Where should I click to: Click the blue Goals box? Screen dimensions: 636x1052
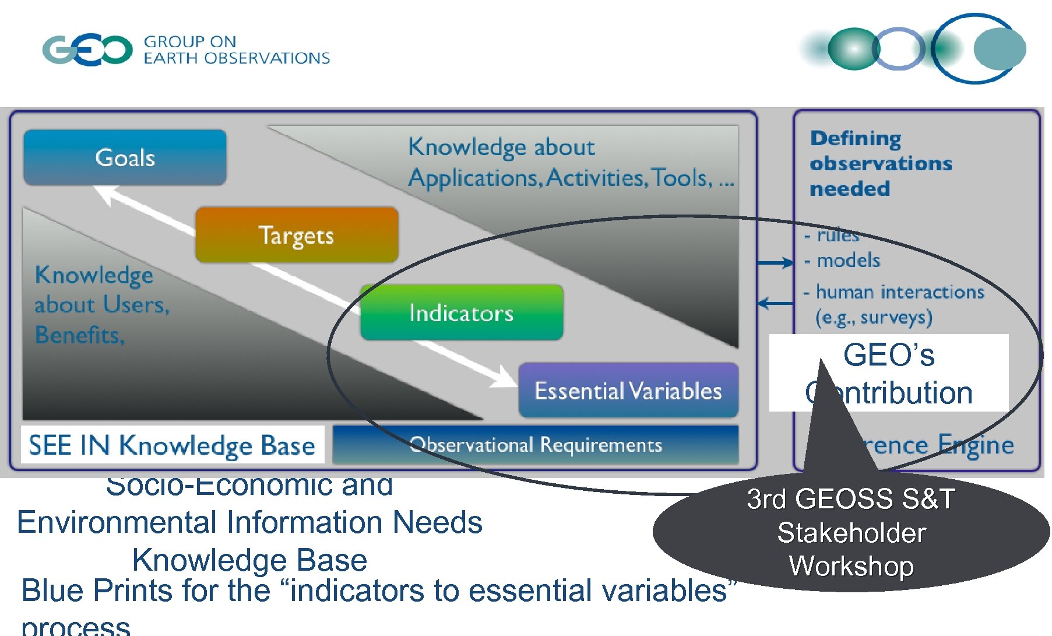[x=125, y=157]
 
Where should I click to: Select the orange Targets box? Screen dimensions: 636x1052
[x=297, y=235]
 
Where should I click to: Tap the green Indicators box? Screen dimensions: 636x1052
[x=462, y=313]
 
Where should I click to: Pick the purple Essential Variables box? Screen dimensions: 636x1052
[x=628, y=390]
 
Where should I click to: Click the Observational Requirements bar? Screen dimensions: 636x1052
[x=536, y=445]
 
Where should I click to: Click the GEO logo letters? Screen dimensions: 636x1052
[x=87, y=50]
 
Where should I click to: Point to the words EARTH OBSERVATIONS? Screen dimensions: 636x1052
[x=237, y=58]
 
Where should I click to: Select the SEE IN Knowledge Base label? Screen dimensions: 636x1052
[x=172, y=445]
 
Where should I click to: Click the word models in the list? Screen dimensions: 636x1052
[x=848, y=260]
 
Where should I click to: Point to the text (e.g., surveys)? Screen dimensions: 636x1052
[x=874, y=317]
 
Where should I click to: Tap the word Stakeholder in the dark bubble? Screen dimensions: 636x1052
[x=851, y=533]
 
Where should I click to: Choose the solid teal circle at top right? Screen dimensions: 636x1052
[x=999, y=49]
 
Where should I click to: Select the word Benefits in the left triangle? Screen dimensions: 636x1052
[x=80, y=335]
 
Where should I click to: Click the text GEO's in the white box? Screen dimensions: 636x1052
[x=889, y=354]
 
